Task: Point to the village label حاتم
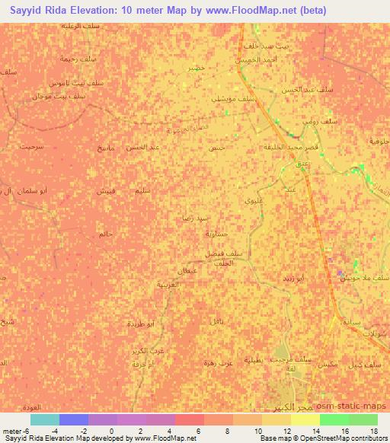pos(105,234)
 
